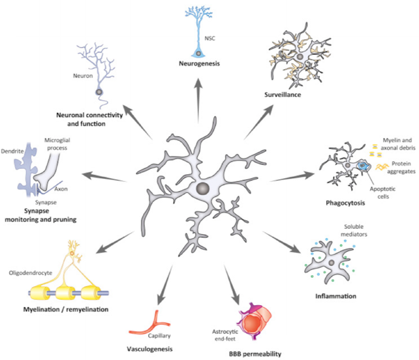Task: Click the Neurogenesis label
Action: [199, 63]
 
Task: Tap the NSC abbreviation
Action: [209, 38]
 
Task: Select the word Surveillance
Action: [283, 95]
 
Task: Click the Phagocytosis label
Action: [345, 203]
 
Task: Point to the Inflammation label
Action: [335, 296]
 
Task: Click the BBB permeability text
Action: [255, 354]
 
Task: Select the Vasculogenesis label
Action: [149, 349]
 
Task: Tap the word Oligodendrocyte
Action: [31, 273]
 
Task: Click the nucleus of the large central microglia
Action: [202, 189]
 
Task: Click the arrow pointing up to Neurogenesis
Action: [198, 101]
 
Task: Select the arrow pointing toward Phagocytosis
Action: [292, 177]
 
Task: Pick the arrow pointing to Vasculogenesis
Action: [165, 285]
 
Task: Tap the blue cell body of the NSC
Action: [198, 53]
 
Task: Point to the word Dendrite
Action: [12, 151]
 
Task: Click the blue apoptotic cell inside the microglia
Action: [363, 166]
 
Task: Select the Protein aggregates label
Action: [401, 168]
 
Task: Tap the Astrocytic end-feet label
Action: [225, 335]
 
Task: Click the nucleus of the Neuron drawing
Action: [99, 92]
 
